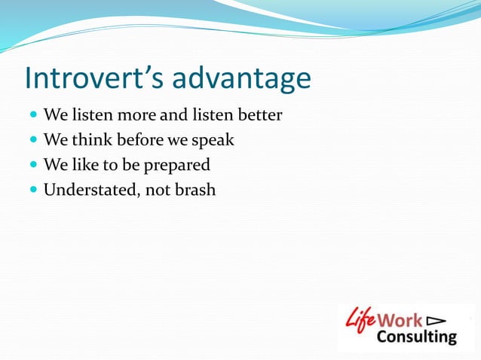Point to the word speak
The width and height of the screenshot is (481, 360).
(214, 141)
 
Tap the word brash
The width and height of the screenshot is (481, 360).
(195, 189)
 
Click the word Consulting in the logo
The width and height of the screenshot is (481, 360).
(416, 336)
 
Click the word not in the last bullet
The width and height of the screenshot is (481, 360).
(157, 189)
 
